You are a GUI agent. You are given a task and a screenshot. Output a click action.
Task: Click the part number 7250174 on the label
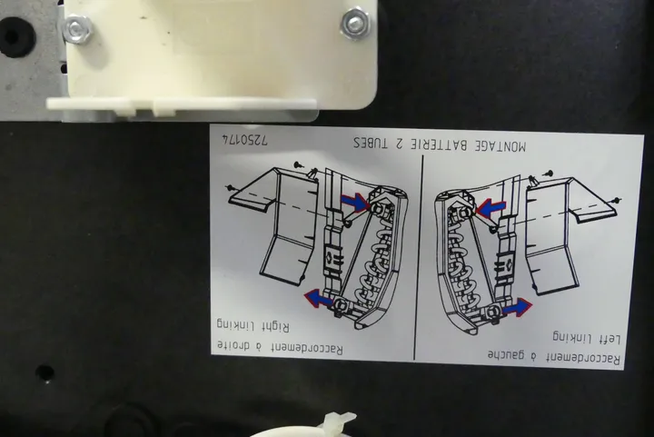(245, 140)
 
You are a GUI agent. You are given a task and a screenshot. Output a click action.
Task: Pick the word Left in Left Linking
(610, 339)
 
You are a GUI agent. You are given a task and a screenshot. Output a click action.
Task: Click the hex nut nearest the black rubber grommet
(76, 29)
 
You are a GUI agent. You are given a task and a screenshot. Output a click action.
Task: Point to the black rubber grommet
(14, 36)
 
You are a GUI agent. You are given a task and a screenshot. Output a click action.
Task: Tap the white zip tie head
(339, 421)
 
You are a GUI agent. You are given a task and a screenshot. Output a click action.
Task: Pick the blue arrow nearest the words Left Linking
(517, 307)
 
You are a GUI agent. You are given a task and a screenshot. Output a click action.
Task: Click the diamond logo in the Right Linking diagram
(330, 259)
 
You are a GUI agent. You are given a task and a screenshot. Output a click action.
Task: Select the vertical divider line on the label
(419, 257)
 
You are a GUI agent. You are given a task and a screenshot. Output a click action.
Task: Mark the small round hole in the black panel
(45, 372)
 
